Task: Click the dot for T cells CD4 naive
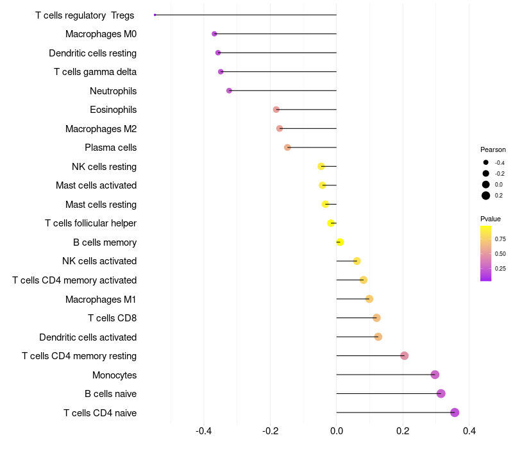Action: click(455, 412)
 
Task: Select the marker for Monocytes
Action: click(435, 375)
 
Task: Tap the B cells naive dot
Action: click(441, 394)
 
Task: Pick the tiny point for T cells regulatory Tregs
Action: click(155, 15)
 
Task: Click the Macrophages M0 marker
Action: click(214, 33)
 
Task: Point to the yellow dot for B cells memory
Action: click(340, 242)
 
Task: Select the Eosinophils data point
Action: click(276, 110)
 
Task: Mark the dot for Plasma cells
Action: click(287, 148)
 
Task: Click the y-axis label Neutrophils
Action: click(113, 91)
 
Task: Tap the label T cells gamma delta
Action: click(95, 72)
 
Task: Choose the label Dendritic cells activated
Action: click(88, 337)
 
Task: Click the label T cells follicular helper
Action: click(90, 223)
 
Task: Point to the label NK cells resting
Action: click(104, 167)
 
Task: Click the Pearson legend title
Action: click(492, 149)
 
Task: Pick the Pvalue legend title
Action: click(491, 219)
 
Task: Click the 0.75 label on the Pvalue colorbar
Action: click(500, 239)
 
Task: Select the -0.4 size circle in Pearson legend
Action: click(486, 163)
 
